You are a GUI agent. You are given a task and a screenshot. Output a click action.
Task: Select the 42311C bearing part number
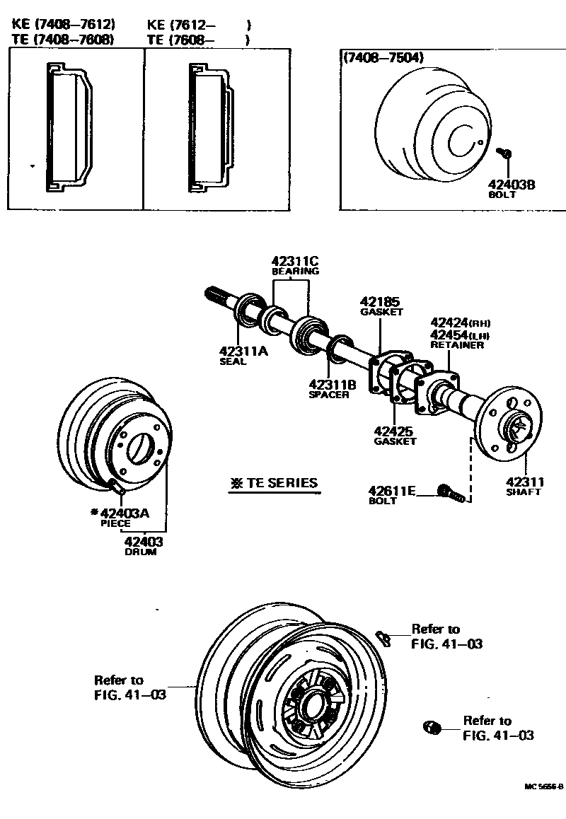coord(295,260)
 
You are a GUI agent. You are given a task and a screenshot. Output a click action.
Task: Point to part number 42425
coord(394,431)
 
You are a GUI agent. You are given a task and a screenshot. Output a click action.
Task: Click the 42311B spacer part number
coord(333,384)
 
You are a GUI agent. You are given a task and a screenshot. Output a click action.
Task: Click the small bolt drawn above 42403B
coord(505,153)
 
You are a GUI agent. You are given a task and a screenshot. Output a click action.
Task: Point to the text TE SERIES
coord(280,484)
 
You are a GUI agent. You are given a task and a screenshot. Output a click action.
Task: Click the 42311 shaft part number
coord(524,482)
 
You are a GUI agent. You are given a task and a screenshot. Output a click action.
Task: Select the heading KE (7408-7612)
coord(63,25)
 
